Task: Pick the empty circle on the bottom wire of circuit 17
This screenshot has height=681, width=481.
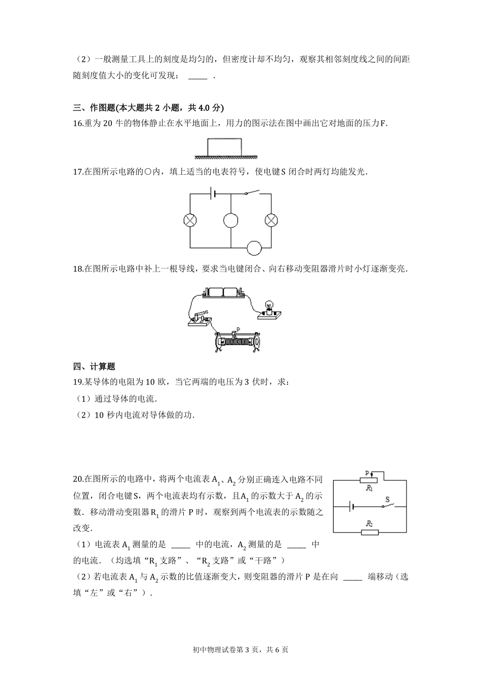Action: pos(254,248)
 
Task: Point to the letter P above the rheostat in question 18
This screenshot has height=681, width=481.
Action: pos(237,328)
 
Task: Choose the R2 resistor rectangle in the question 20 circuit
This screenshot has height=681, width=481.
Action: pos(370,532)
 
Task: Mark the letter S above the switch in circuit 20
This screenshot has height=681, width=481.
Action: pos(388,500)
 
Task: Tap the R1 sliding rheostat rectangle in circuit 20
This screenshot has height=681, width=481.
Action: pos(370,479)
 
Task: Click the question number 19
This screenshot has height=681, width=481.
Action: pos(77,382)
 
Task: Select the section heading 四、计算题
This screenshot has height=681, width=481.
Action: pos(94,366)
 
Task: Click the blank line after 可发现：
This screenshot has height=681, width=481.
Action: pos(197,76)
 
